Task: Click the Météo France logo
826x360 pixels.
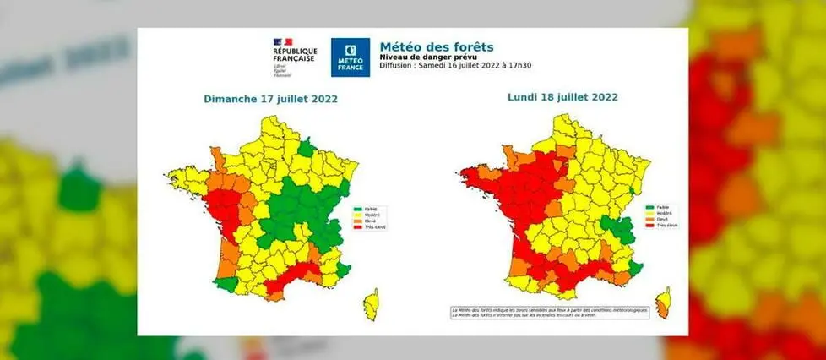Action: (350, 58)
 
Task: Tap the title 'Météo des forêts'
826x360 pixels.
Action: (436, 46)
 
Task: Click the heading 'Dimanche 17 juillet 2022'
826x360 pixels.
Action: (270, 99)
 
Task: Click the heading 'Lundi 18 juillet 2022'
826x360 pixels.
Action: (562, 97)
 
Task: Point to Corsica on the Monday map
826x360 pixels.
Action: (664, 302)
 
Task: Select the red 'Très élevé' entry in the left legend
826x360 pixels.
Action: (370, 227)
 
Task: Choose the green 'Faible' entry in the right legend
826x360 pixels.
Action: (658, 206)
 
